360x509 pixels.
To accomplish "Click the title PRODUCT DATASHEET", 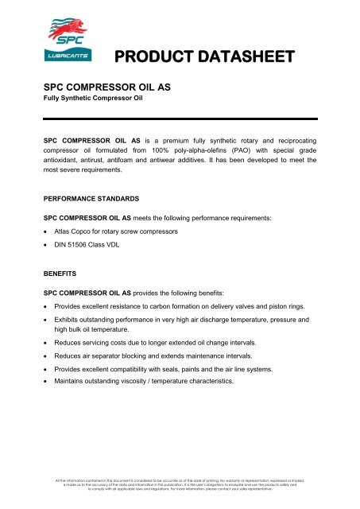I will tap(203, 56).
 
